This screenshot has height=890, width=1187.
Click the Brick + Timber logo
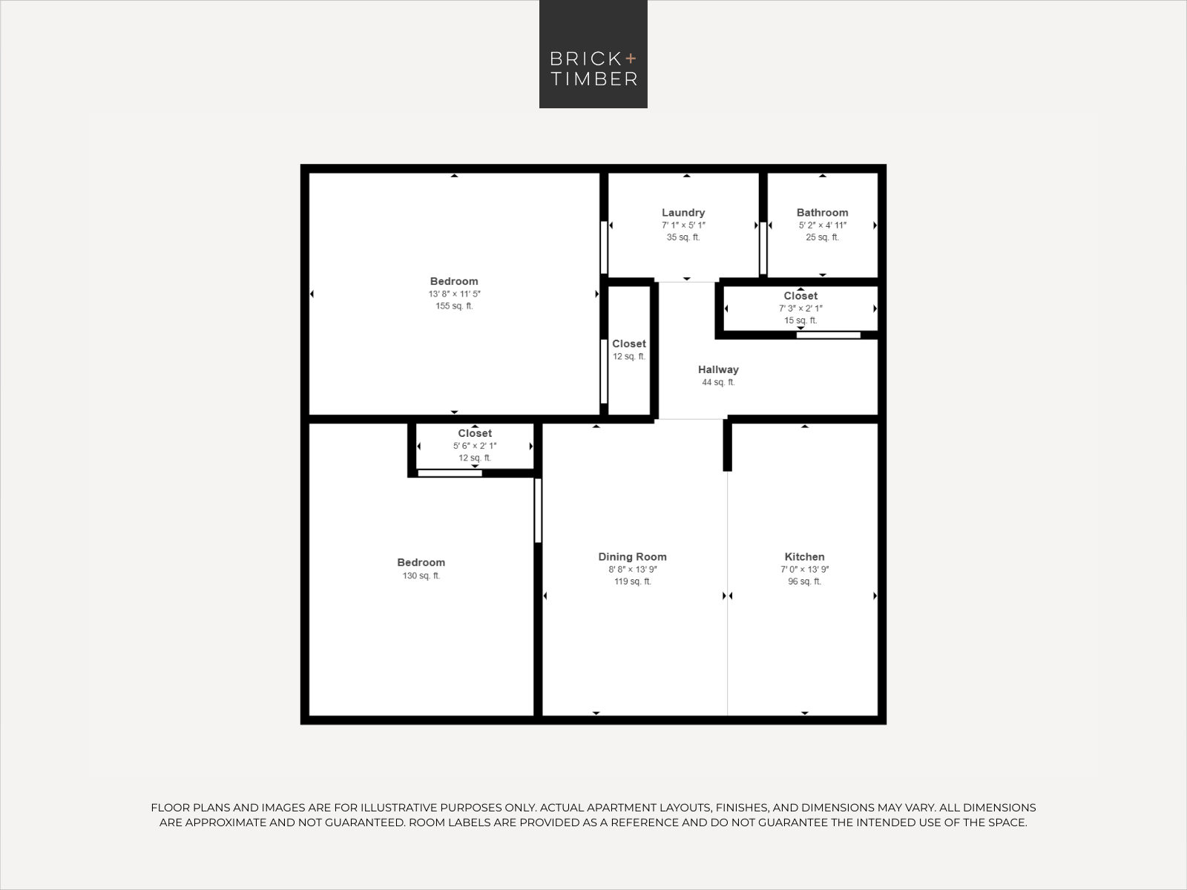593,54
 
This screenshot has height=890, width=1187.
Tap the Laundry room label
683,213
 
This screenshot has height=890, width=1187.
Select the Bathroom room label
822,213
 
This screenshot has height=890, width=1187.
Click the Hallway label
718,369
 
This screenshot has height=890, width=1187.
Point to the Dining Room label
632,556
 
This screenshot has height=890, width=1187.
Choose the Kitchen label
805,556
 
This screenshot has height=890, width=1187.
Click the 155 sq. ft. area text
454,306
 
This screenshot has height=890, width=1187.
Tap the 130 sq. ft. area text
421,576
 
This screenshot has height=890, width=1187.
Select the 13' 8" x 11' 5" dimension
454,294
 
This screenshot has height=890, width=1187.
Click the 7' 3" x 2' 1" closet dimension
800,309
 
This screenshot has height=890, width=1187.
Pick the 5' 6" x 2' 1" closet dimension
475,446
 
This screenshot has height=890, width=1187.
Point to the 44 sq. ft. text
718,382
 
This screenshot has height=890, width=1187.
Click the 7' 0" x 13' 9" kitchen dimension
805,569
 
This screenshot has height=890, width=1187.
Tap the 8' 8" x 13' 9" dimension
632,569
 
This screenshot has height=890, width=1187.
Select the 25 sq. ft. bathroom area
822,237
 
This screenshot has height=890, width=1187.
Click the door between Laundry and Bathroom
763,248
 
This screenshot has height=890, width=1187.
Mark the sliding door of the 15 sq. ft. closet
829,335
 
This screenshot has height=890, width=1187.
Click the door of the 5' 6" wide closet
450,474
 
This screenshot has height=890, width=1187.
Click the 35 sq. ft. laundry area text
683,237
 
